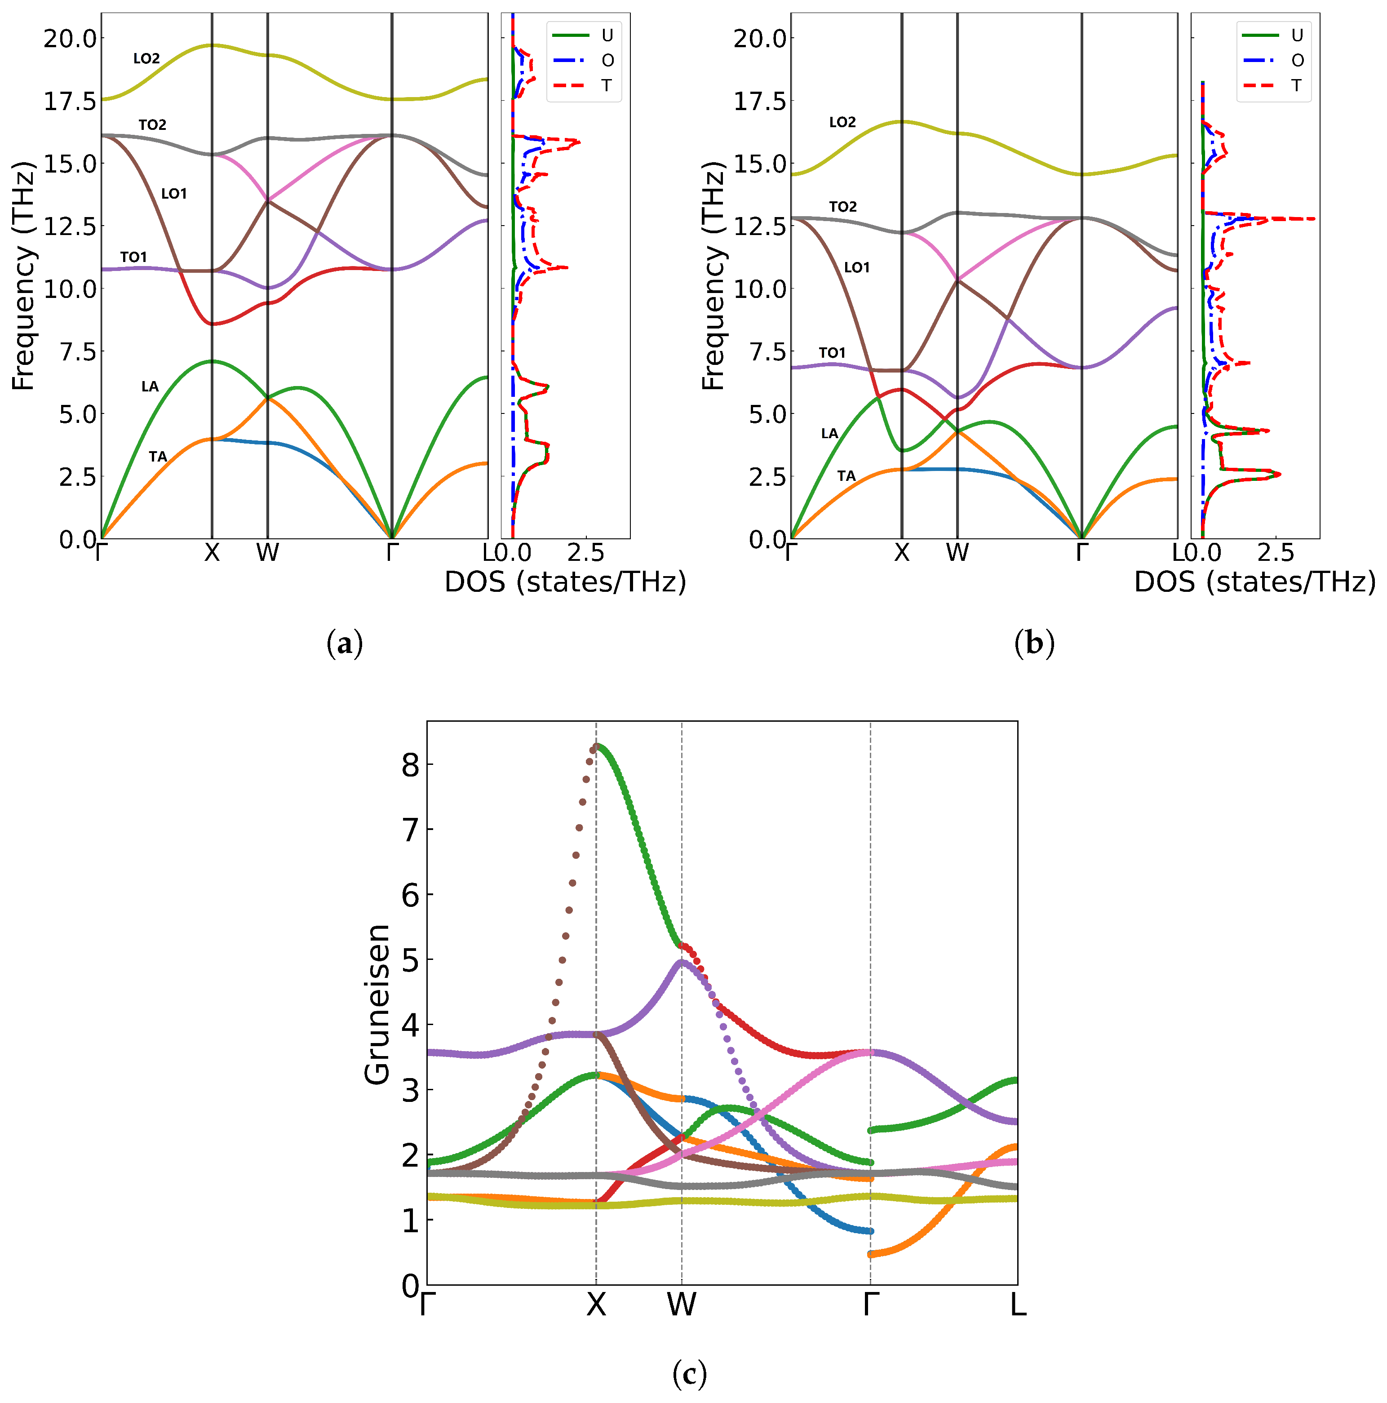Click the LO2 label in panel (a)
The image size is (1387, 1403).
click(146, 59)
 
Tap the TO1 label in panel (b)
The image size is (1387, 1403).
click(832, 353)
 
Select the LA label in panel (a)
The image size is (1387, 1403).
click(150, 386)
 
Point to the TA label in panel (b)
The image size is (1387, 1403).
click(846, 476)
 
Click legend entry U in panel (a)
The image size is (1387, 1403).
click(607, 35)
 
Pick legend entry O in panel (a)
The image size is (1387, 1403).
click(607, 60)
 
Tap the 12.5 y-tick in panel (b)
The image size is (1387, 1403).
click(760, 226)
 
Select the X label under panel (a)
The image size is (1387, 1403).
click(211, 553)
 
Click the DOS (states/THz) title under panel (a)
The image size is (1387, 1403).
click(565, 582)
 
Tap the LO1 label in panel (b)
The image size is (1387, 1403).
click(856, 268)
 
